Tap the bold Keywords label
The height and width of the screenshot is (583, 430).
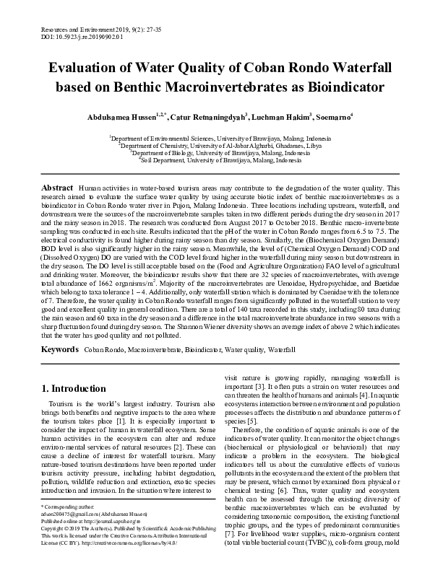pyautogui.click(x=59, y=349)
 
